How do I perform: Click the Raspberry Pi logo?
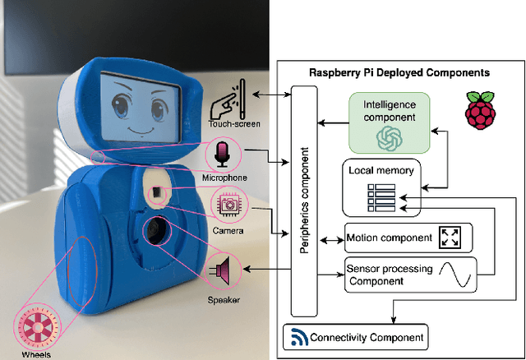(481, 111)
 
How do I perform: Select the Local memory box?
(381, 187)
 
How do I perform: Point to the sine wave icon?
(455, 272)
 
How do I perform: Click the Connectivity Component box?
(355, 337)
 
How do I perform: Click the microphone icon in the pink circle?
(225, 153)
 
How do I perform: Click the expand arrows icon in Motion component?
(450, 238)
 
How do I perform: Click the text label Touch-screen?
(218, 124)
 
